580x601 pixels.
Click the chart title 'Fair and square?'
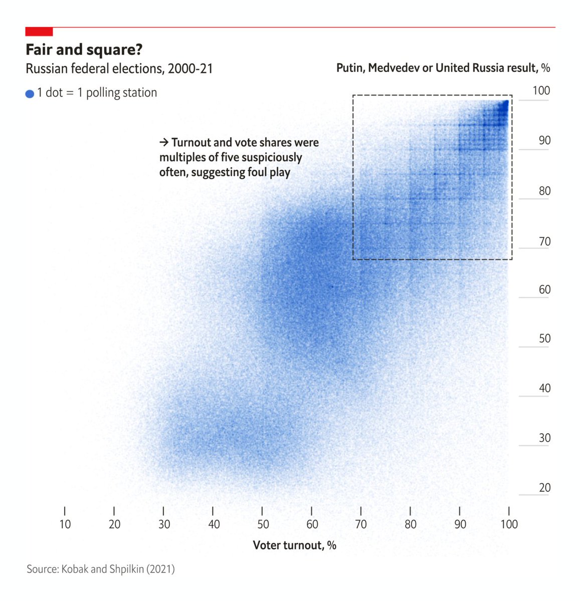(84, 50)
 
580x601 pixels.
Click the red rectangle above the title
(39, 32)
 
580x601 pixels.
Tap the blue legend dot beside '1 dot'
(30, 94)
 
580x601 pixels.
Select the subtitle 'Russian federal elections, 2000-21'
(119, 69)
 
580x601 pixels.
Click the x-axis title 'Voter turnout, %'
(294, 545)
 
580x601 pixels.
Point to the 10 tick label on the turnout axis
(65, 524)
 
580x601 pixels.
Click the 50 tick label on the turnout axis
(263, 524)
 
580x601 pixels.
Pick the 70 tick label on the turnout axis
(360, 524)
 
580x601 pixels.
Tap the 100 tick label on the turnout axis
(509, 524)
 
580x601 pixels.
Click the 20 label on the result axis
(544, 488)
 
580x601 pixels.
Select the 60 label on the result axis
(544, 289)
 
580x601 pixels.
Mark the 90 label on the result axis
(544, 141)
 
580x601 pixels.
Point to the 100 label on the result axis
(541, 91)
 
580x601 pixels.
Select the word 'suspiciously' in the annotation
(272, 158)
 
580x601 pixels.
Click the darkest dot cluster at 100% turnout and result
(506, 103)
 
